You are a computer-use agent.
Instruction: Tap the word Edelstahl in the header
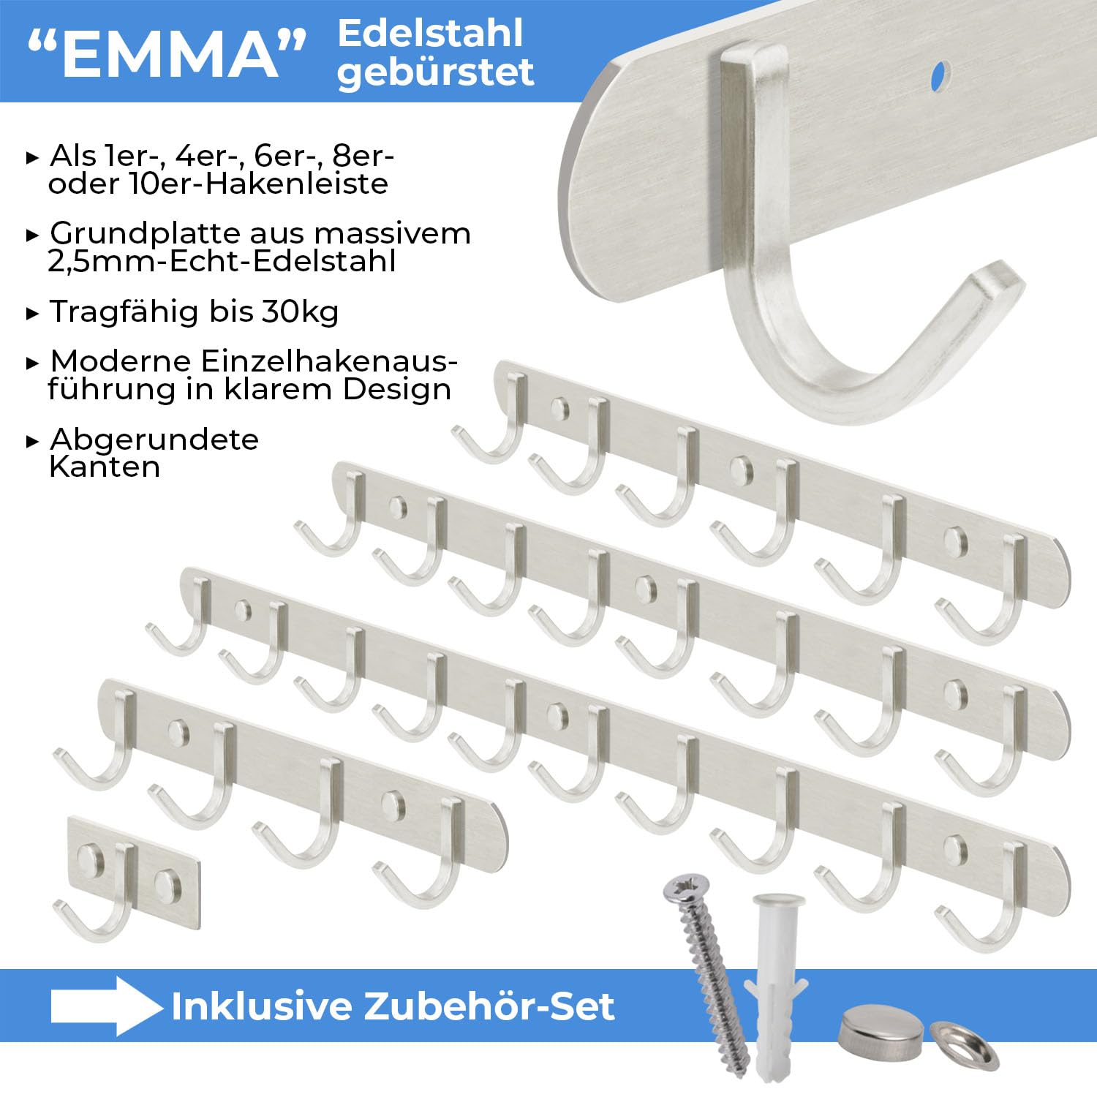click(431, 33)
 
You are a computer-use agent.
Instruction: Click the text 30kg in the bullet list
click(301, 312)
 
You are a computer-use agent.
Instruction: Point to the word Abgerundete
click(154, 439)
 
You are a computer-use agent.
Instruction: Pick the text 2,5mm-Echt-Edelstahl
click(222, 261)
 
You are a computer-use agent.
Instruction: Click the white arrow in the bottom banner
click(106, 1006)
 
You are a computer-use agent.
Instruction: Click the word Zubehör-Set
click(489, 1006)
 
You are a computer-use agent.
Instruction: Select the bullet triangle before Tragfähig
click(32, 314)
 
